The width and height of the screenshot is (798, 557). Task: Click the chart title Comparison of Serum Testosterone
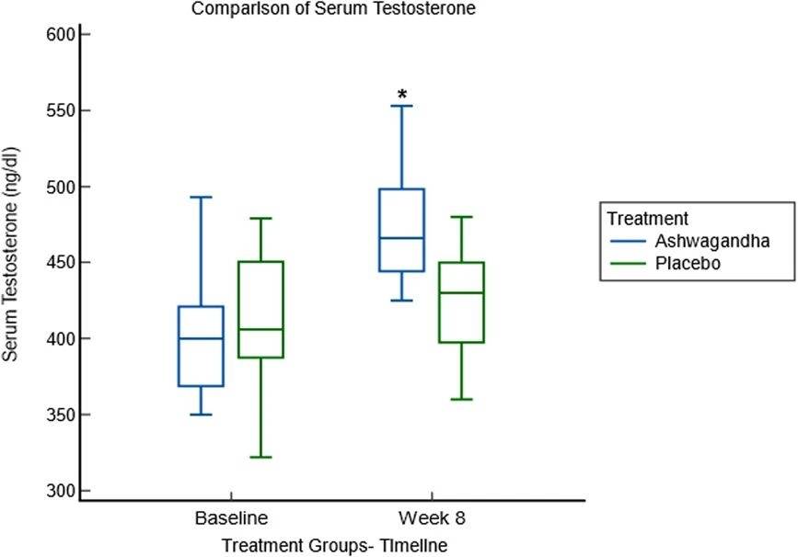pos(333,10)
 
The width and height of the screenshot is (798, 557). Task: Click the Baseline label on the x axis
pos(231,519)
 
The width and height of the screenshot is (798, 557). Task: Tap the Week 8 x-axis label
pos(433,519)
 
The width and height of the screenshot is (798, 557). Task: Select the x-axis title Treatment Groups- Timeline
pos(334,545)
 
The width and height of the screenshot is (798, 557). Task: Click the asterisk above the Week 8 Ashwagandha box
pos(401,95)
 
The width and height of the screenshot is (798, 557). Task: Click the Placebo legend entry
pos(687,262)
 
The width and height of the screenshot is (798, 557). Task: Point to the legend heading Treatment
pos(648,219)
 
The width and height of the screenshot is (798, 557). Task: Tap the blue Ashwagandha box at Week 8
pos(401,230)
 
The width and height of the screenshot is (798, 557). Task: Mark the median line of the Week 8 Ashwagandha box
pos(401,238)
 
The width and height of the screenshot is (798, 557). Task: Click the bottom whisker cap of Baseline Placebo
pos(260,457)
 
